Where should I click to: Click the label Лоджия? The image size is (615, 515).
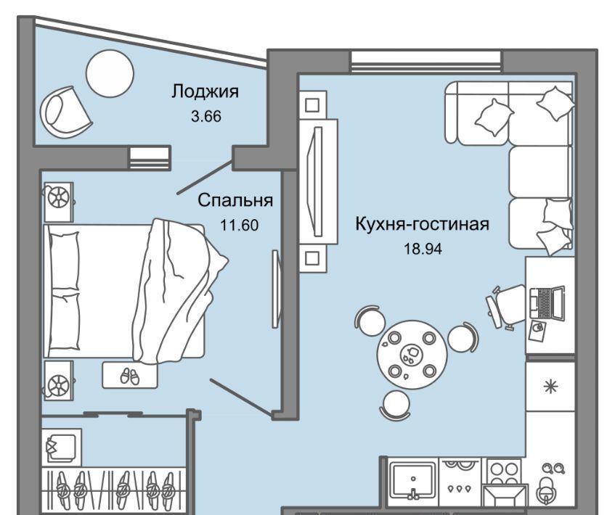click(205, 91)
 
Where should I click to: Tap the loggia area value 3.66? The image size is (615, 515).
click(206, 116)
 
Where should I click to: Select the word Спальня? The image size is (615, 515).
click(235, 200)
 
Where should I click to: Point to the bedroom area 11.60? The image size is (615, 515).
click(240, 226)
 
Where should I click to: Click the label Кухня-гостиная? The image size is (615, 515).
click(422, 225)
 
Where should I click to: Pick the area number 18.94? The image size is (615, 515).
click(423, 249)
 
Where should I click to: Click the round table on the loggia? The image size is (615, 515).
click(110, 73)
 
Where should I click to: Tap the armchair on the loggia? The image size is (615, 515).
click(65, 112)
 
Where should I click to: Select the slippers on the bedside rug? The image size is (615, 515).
click(129, 376)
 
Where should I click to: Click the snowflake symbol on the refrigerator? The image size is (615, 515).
click(550, 387)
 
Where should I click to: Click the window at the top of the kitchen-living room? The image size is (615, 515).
click(426, 61)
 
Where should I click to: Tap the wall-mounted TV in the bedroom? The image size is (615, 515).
click(277, 289)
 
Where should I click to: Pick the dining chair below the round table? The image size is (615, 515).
click(396, 405)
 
